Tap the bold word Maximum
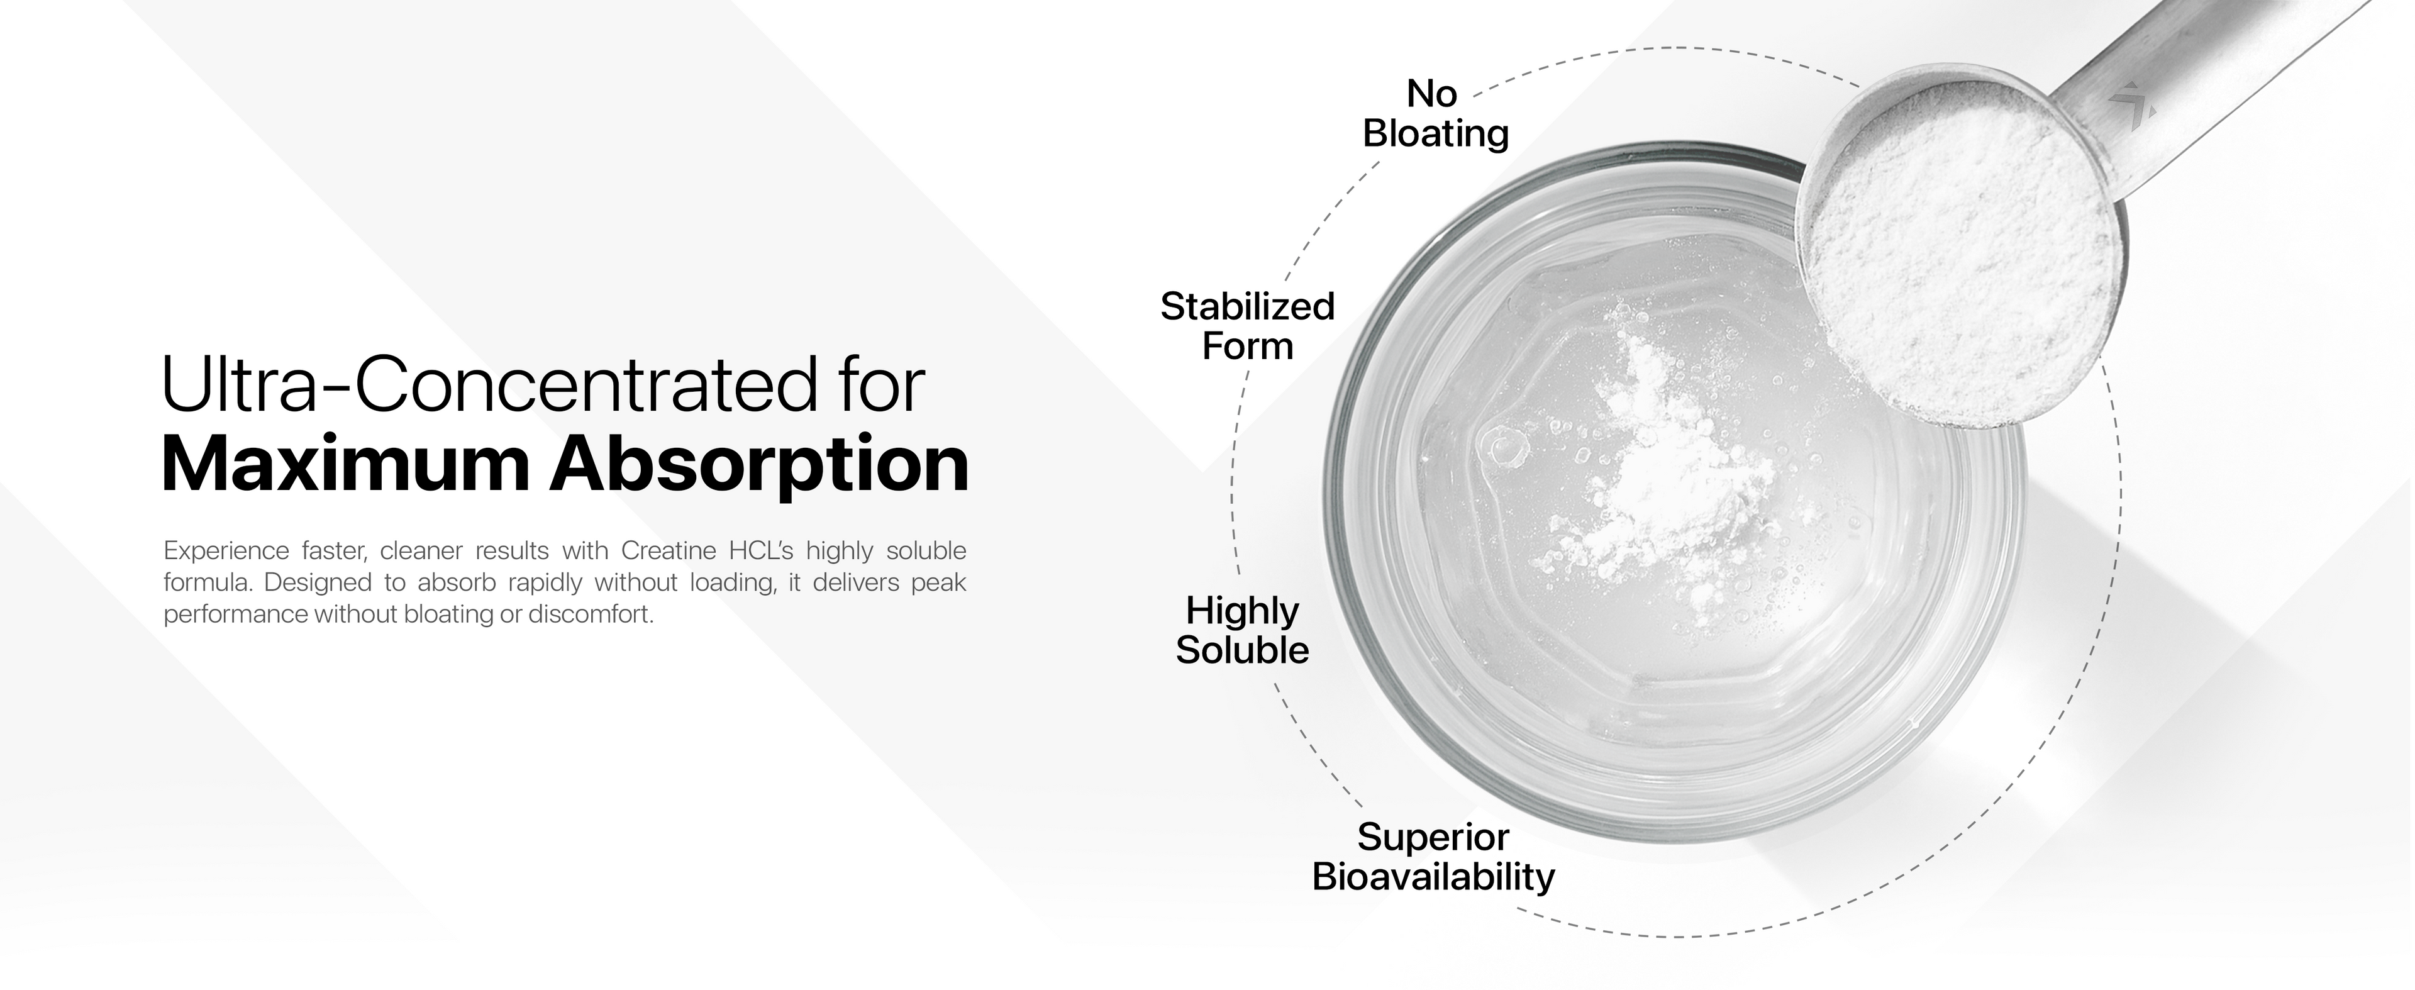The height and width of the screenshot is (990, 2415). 343,464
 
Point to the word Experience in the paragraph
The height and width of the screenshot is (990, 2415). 226,550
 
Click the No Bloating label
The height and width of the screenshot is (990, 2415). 1435,113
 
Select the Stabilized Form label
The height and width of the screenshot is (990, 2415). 1247,326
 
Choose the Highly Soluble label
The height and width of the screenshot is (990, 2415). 1242,630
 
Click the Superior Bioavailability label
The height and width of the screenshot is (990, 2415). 1433,857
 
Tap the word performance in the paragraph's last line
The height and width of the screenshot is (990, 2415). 235,616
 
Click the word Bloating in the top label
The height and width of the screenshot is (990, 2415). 1435,133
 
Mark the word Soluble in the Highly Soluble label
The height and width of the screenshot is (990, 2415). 1242,650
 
